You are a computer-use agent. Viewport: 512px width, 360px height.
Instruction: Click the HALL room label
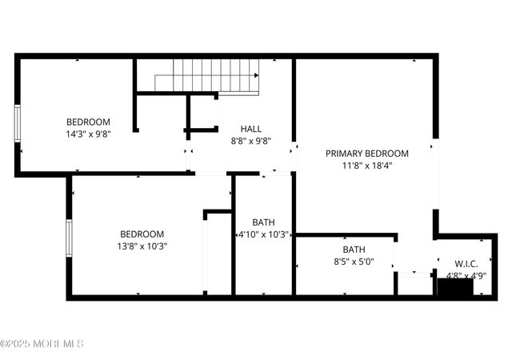click(x=250, y=129)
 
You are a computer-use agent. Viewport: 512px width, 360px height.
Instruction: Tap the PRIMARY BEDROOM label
click(x=366, y=153)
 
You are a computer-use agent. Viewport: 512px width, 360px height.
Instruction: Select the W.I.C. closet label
click(x=466, y=263)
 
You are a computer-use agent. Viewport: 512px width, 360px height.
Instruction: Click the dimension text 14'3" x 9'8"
click(x=88, y=134)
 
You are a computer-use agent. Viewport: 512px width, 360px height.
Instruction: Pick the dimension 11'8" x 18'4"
click(x=366, y=166)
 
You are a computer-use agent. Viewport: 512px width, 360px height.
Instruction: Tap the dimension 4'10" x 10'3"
click(x=264, y=235)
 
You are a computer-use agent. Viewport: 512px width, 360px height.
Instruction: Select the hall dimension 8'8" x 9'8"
click(x=250, y=141)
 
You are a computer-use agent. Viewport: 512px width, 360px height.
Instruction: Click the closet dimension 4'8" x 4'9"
click(x=466, y=276)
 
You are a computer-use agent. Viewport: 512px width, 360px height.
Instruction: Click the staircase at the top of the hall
click(x=207, y=76)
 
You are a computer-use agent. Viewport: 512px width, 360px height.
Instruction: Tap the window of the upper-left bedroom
click(x=17, y=124)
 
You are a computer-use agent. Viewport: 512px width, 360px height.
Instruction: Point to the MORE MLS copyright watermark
click(x=42, y=344)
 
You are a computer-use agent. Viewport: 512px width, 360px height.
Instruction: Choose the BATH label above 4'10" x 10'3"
click(x=263, y=222)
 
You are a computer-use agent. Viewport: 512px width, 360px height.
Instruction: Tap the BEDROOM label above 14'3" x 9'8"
click(x=88, y=122)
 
